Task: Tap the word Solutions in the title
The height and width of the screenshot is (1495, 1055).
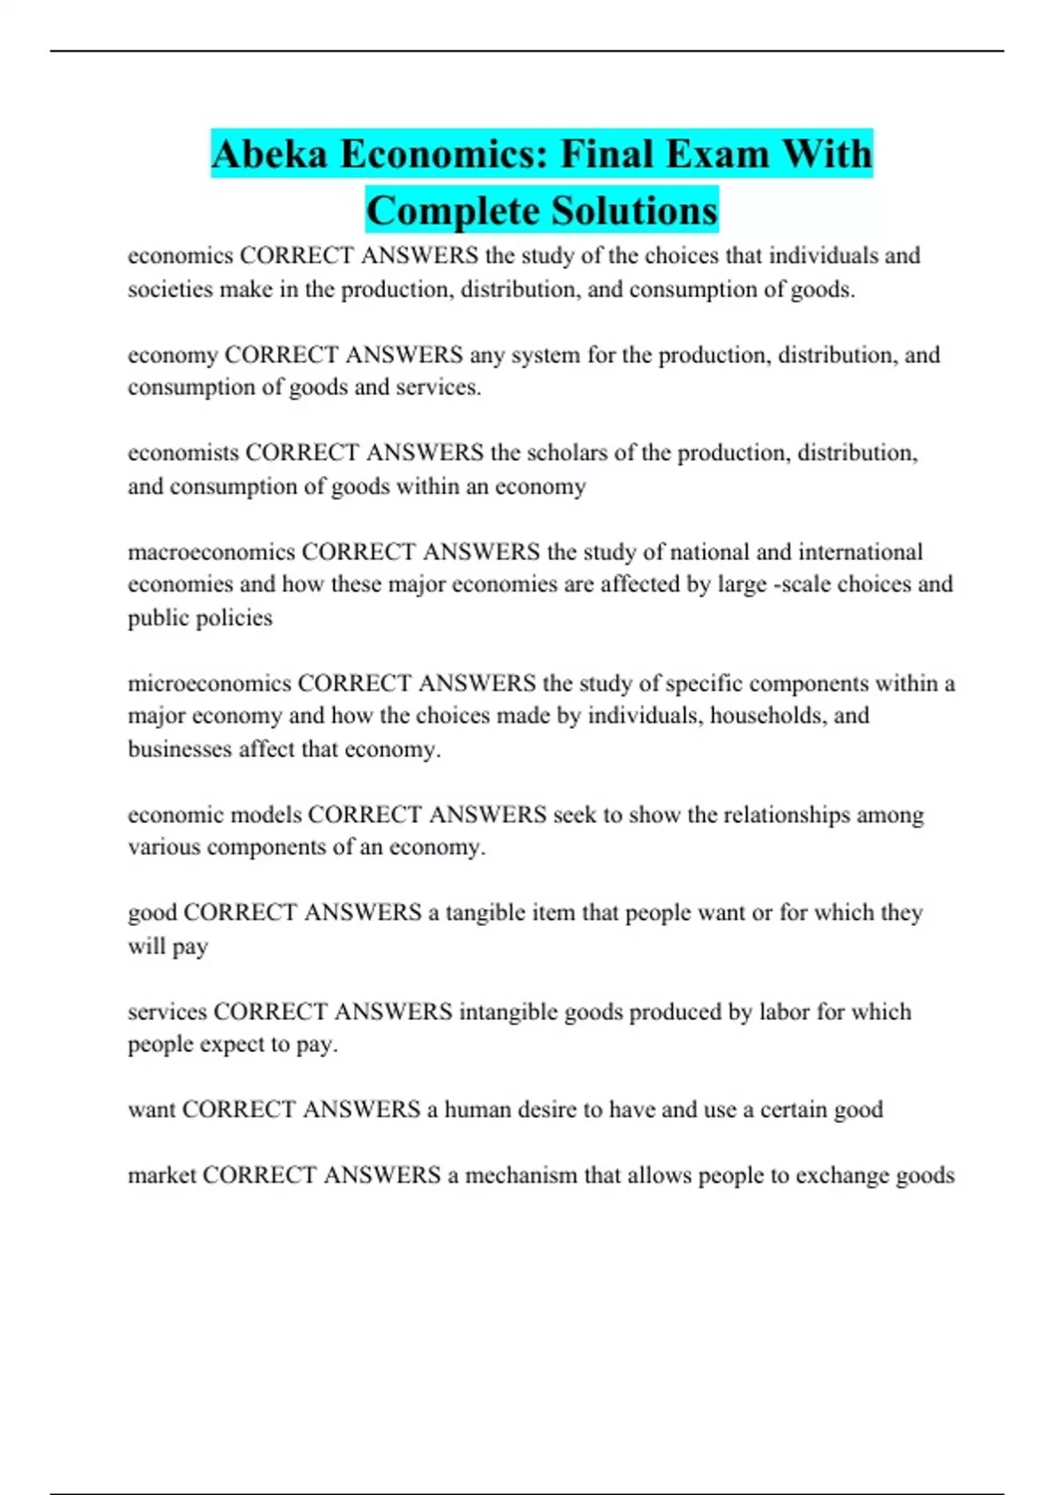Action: pyautogui.click(x=633, y=211)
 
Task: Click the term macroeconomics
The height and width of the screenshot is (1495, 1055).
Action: pyautogui.click(x=211, y=552)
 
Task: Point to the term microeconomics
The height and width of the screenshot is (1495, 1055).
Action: pyautogui.click(x=209, y=683)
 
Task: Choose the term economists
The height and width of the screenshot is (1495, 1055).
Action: pyautogui.click(x=183, y=453)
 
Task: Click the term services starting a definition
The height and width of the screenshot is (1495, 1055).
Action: pyautogui.click(x=167, y=1012)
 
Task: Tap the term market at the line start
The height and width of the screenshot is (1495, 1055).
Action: pyautogui.click(x=162, y=1176)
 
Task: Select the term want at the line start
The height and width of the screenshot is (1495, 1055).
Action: pyautogui.click(x=151, y=1110)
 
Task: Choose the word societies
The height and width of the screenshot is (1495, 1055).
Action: pyautogui.click(x=171, y=289)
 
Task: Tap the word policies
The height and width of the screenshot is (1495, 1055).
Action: pyautogui.click(x=239, y=618)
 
